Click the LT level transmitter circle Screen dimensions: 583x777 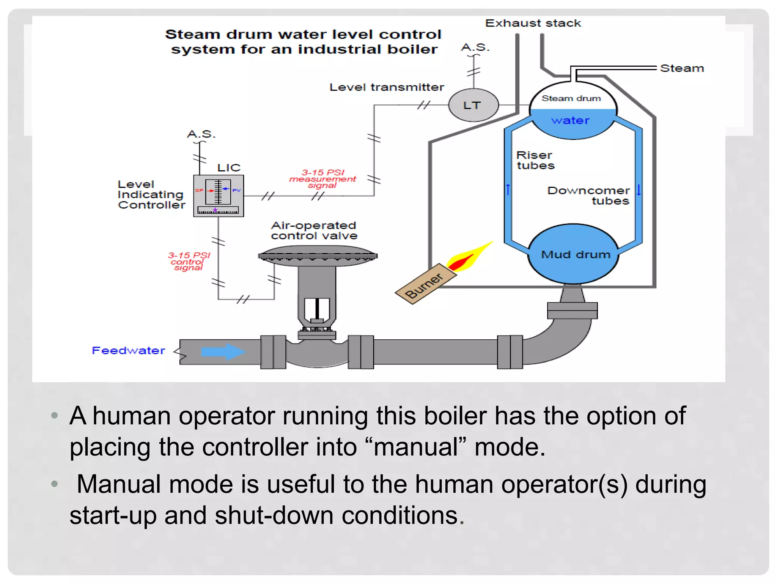(x=473, y=105)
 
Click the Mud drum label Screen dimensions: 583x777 (x=576, y=254)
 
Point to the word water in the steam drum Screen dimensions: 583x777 (x=570, y=120)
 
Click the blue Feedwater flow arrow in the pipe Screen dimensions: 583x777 (x=223, y=351)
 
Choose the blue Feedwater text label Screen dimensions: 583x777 (x=129, y=350)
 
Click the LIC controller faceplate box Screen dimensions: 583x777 (x=219, y=195)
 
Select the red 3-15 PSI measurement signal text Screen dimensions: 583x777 (x=323, y=179)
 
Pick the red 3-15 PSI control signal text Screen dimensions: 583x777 (x=189, y=262)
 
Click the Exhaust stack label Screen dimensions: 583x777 (x=533, y=23)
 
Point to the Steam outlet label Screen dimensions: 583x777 (x=682, y=68)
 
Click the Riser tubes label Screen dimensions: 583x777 (x=535, y=160)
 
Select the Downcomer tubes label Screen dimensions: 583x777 (x=588, y=195)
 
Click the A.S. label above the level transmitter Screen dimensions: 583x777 (x=475, y=47)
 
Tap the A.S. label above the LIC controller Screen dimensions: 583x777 (x=201, y=134)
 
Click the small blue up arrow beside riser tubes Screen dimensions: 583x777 (x=508, y=189)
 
